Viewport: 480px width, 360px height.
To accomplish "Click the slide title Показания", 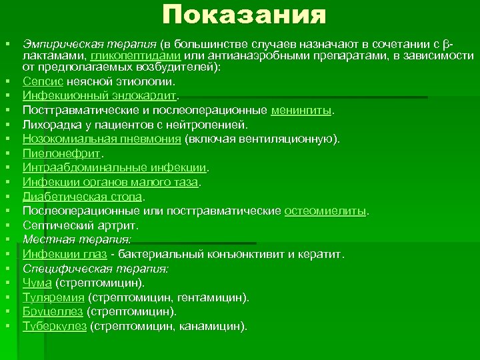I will pos(244,15).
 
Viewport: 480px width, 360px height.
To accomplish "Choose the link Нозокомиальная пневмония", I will pos(102,139).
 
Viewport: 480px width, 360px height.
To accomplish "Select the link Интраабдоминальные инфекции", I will pos(115,167).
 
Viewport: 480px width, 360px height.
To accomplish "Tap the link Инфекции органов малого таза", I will pos(111,182).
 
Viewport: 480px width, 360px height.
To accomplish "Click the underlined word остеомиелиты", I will pos(325,211).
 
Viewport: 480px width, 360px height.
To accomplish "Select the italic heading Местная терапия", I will pos(77,239).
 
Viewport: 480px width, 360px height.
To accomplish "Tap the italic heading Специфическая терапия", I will pos(95,268).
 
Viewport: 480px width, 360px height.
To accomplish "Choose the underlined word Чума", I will pos(37,283).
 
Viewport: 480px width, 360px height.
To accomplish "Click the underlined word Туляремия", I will pos(53,297).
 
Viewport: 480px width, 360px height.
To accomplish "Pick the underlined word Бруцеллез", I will pos(53,311).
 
